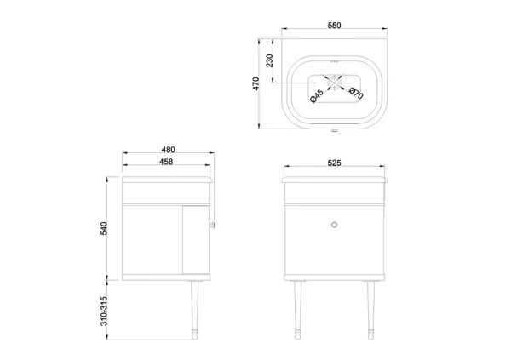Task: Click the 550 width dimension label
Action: click(x=334, y=25)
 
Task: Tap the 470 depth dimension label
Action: click(x=255, y=83)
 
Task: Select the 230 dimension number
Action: click(x=269, y=60)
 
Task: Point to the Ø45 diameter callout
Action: click(x=317, y=96)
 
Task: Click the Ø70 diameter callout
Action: click(x=355, y=93)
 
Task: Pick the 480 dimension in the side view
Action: click(x=168, y=150)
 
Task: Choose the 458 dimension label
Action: click(x=166, y=162)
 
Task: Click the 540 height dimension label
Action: click(x=104, y=228)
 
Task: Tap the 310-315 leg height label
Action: click(x=104, y=311)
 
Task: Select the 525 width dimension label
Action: click(x=334, y=163)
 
